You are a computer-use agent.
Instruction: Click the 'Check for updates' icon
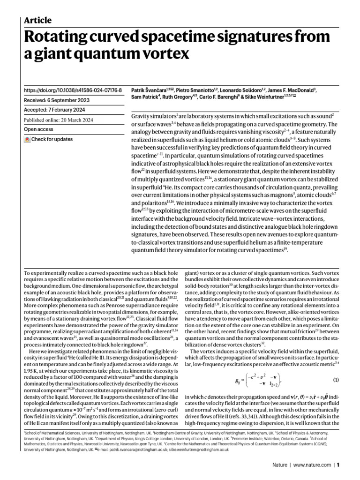click(28, 140)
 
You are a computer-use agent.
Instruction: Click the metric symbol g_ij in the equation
click(238, 380)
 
